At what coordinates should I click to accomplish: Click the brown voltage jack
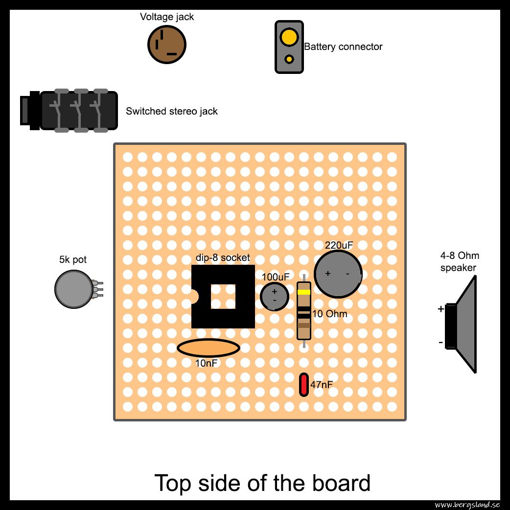point(167,45)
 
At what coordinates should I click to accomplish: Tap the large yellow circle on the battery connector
point(289,36)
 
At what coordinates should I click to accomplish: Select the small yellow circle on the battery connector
point(289,59)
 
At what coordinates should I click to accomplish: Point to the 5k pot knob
point(74,289)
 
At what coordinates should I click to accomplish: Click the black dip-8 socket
point(223,296)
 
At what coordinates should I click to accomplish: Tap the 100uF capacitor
point(275,296)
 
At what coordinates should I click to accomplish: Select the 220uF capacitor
point(338,274)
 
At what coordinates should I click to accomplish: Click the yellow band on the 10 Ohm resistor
point(304,292)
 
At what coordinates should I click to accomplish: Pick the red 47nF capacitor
point(304,385)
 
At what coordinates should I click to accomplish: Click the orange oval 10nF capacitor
point(209,348)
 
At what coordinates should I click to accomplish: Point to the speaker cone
point(466,325)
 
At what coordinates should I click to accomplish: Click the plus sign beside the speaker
point(440,309)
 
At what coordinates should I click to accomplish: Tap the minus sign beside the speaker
point(440,342)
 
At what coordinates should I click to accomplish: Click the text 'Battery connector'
point(343,46)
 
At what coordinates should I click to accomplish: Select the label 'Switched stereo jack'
point(172,111)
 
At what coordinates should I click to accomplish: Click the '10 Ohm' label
point(329,314)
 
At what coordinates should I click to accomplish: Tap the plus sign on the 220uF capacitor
point(328,274)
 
